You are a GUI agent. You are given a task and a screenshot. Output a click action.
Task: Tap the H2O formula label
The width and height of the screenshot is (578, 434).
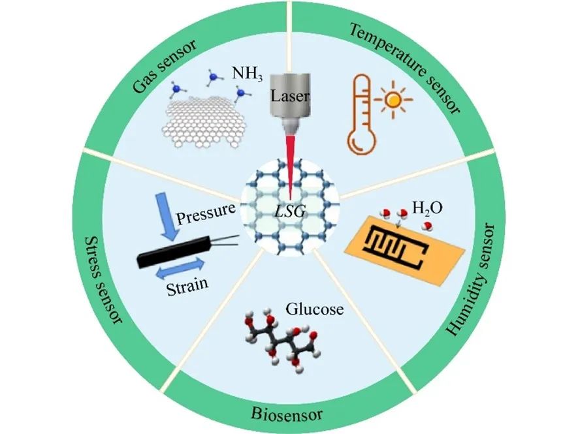[427, 208]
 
